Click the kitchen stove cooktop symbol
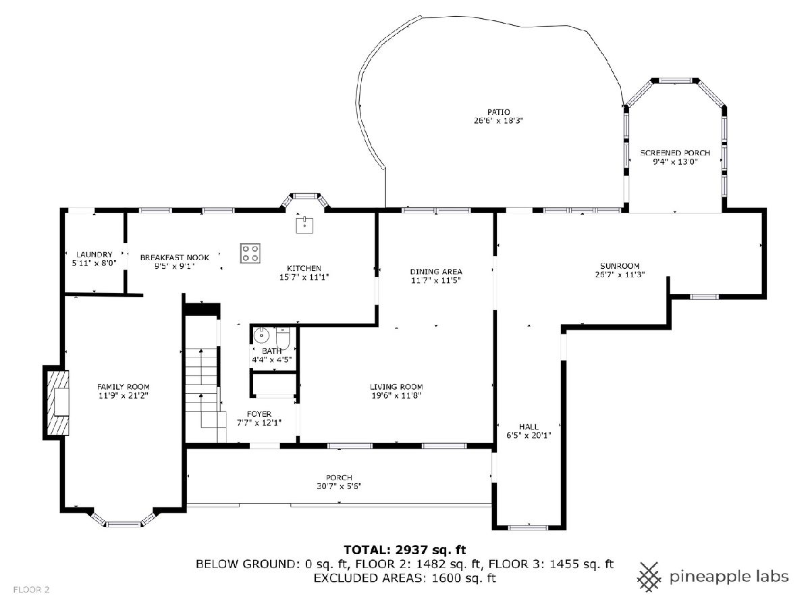[x=250, y=253]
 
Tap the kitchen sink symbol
[x=304, y=225]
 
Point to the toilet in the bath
[x=283, y=337]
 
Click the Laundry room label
[x=94, y=255]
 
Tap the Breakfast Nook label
[x=175, y=257]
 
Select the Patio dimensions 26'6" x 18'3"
[x=499, y=121]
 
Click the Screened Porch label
[x=675, y=153]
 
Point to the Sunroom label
[x=620, y=265]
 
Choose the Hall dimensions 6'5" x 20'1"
[x=529, y=435]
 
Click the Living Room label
[x=396, y=387]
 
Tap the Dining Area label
[x=436, y=272]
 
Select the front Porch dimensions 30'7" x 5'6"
[x=339, y=486]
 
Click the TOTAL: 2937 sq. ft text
[x=405, y=550]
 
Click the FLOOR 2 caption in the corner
[x=31, y=590]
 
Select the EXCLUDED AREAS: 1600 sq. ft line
[x=404, y=578]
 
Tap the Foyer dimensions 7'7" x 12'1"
[x=259, y=423]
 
